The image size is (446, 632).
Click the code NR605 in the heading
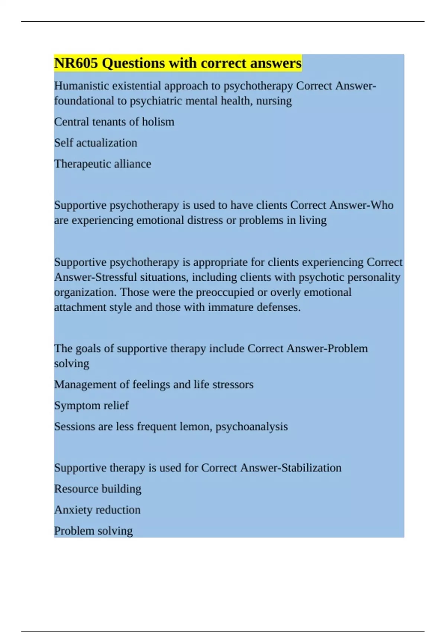76,63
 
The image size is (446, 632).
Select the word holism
158,122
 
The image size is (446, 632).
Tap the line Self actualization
96,143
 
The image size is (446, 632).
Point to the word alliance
132,164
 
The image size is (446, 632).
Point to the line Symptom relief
91,406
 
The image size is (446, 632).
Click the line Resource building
98,489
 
